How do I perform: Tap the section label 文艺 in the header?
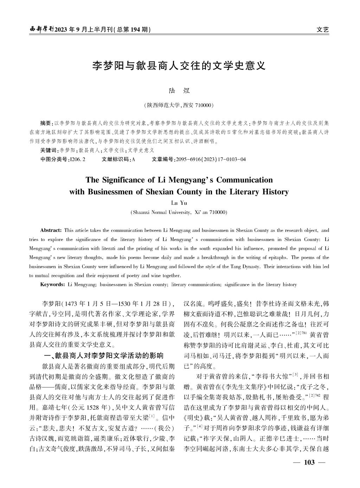click(x=322, y=30)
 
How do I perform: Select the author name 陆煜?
click(x=179, y=90)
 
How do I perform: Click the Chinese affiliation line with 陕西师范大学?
click(x=179, y=105)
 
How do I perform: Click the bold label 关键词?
click(x=47, y=150)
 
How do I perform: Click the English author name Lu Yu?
click(x=179, y=203)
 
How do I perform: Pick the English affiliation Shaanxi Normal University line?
click(x=179, y=212)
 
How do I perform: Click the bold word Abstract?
click(x=51, y=230)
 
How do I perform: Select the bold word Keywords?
click(x=52, y=285)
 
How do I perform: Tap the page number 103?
click(x=309, y=462)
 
